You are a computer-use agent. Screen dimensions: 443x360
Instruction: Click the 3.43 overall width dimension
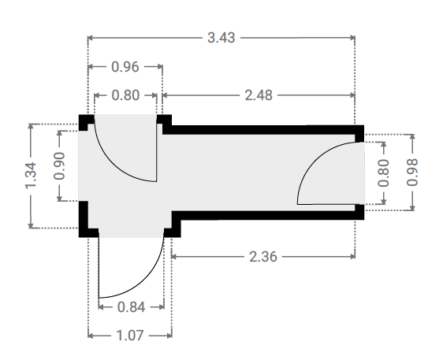tap(221, 38)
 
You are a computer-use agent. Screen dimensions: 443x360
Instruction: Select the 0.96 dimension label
tap(125, 67)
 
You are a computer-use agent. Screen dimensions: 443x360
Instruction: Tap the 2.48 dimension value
tap(259, 95)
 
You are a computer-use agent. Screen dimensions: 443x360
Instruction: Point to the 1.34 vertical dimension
tap(31, 176)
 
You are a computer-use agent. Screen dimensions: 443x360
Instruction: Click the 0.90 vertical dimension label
tap(59, 166)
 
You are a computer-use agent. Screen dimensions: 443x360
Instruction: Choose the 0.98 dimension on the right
tap(412, 173)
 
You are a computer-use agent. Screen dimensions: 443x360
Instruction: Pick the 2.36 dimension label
tap(263, 257)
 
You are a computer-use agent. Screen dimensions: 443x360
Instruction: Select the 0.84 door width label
tap(131, 307)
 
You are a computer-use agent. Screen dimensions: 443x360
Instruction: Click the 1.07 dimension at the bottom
tap(130, 336)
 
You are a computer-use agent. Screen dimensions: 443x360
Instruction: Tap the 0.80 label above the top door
tap(125, 95)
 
